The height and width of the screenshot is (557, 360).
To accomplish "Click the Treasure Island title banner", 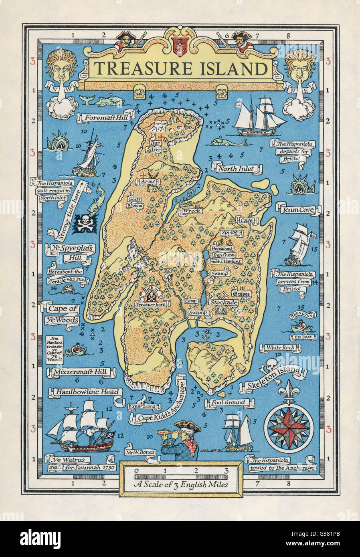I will (178, 69).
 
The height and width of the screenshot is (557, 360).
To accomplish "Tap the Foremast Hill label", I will (106, 118).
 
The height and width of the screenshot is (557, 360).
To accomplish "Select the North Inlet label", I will (236, 169).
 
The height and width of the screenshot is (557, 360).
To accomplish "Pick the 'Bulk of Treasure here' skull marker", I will (152, 297).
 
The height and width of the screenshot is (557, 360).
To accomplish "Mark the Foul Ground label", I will (224, 402).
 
